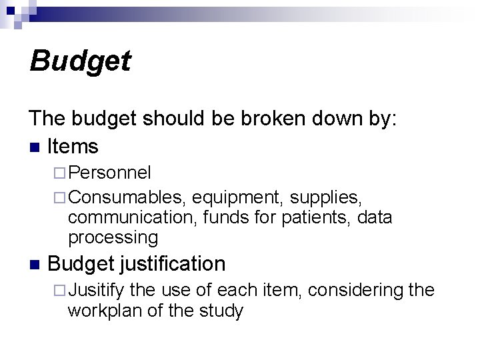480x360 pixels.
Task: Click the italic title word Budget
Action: pyautogui.click(x=80, y=62)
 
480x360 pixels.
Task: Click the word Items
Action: pyautogui.click(x=73, y=146)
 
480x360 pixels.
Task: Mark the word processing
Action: pyautogui.click(x=113, y=237)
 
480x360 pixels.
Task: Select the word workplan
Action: pyautogui.click(x=107, y=311)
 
